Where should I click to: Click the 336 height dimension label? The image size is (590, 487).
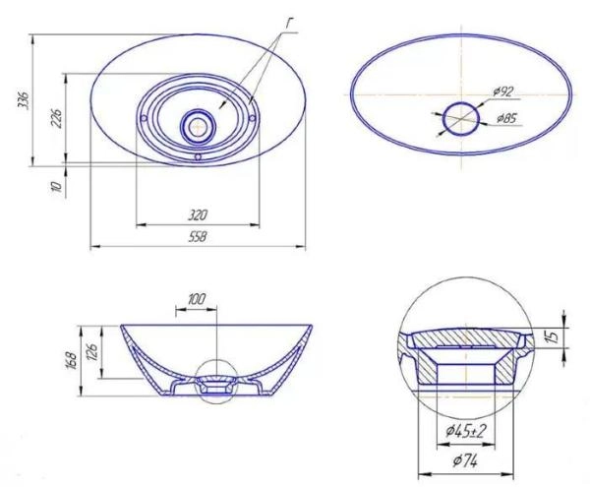23,99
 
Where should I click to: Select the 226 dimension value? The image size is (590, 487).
56,118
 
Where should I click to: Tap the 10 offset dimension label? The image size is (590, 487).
55,186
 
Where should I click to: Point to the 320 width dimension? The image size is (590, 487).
198,215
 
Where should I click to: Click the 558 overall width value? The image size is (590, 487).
198,237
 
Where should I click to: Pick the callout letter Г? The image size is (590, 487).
288,23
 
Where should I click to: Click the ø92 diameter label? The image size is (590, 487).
502,91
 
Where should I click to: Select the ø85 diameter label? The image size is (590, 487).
506,118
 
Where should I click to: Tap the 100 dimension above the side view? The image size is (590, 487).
197,299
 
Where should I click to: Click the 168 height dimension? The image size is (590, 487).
72,361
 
